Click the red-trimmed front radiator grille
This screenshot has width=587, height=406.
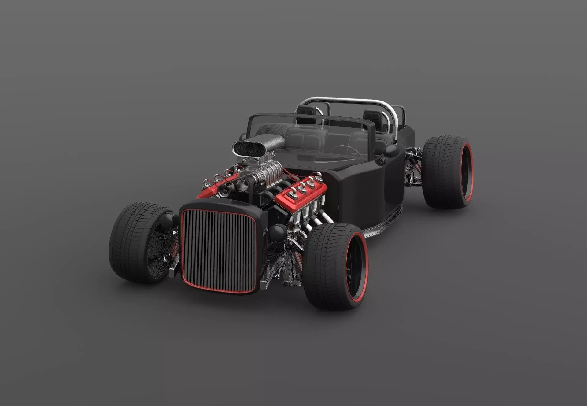(219, 251)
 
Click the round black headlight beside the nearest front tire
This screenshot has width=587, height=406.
(278, 232)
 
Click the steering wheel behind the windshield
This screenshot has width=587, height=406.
(345, 150)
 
